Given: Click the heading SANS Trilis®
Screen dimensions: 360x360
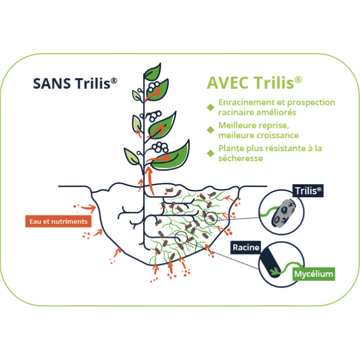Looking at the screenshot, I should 75,83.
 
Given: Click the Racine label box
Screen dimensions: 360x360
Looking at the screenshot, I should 246,247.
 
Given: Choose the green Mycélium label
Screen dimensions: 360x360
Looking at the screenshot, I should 313,274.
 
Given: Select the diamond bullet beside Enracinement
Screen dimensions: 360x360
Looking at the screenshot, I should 211,107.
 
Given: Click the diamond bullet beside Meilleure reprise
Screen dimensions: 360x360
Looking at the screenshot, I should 211,130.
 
